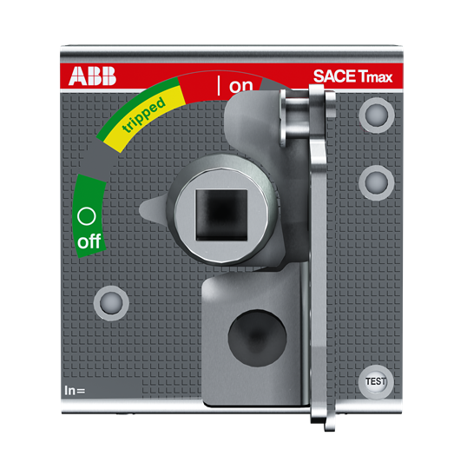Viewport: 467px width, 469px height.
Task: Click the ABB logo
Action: pos(92,76)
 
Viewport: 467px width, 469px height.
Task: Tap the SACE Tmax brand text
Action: pos(352,76)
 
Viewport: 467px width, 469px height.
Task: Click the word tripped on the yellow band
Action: pos(144,115)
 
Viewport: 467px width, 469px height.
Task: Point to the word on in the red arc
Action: pos(240,86)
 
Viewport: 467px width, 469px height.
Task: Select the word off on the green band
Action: pos(89,241)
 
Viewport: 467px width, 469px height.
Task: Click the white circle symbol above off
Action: pos(87,216)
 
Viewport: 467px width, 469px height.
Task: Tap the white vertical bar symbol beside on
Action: pos(219,85)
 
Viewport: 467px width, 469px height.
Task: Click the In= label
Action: pos(75,390)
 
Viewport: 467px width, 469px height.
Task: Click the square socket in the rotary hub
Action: pos(221,215)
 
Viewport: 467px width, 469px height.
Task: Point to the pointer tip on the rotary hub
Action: pos(141,208)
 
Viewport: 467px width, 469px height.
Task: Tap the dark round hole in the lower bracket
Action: pos(258,338)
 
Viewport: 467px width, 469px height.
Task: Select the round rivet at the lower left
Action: pos(111,303)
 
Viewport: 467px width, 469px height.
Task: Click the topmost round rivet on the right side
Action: pos(377,116)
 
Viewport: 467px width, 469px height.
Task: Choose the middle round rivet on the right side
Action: pos(377,182)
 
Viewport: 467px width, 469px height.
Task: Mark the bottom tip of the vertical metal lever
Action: pos(330,430)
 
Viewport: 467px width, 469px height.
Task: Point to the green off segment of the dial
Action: pos(89,216)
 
